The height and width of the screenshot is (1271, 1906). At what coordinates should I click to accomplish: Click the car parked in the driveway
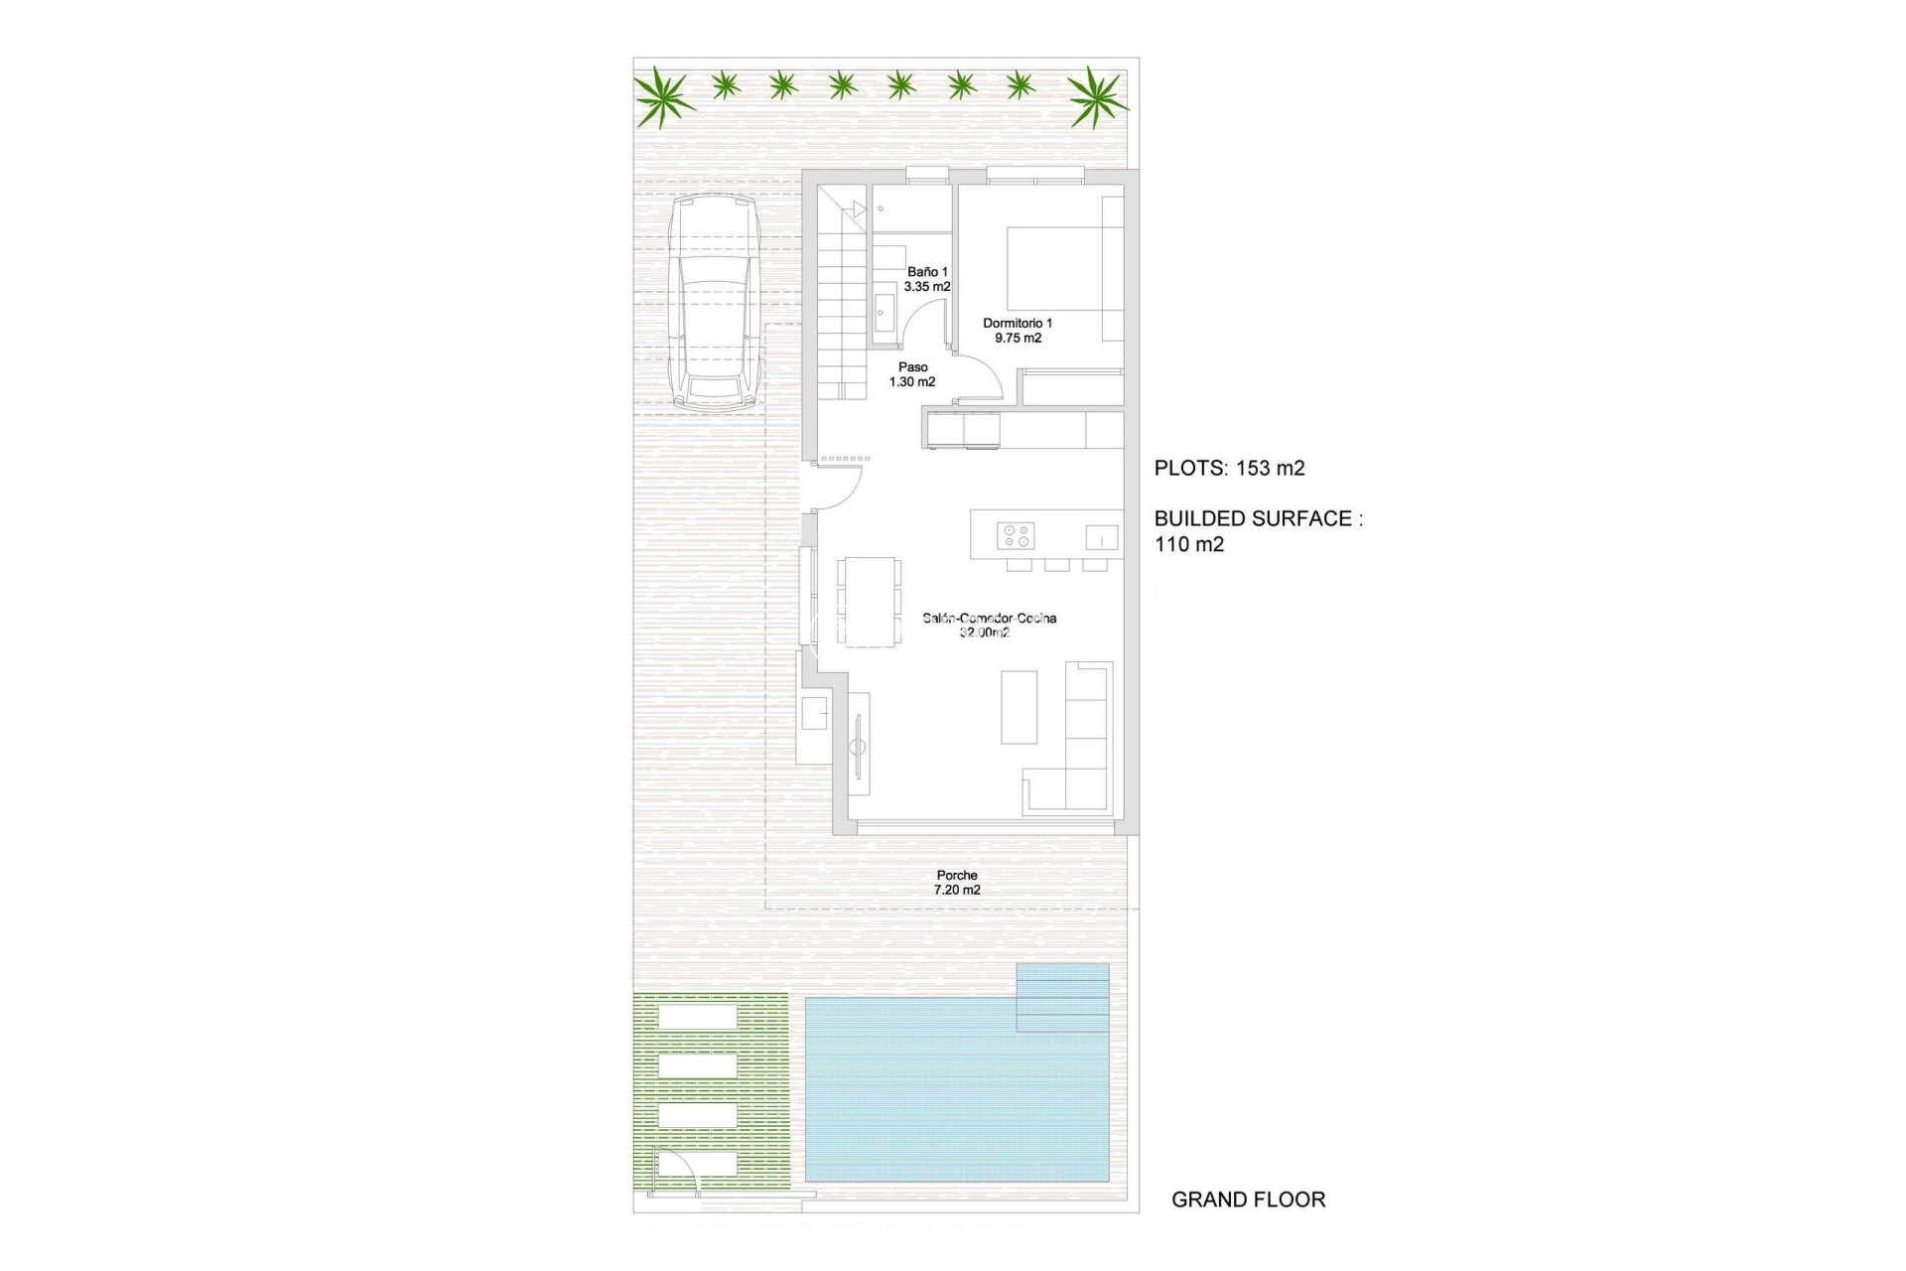(x=712, y=302)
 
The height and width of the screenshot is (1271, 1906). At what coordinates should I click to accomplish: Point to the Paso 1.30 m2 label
(x=912, y=374)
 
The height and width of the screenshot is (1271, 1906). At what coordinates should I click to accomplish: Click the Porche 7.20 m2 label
(x=957, y=883)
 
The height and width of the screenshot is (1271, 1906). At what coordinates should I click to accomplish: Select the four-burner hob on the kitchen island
(x=1016, y=536)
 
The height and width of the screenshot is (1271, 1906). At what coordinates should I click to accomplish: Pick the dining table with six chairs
(x=869, y=602)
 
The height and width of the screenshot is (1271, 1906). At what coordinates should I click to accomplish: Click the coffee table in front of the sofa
(x=1019, y=707)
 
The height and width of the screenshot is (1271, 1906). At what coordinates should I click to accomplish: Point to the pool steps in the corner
(x=1062, y=997)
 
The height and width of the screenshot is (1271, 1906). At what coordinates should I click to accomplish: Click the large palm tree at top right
(x=1097, y=97)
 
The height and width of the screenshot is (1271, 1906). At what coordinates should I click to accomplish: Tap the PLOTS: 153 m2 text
(x=1229, y=469)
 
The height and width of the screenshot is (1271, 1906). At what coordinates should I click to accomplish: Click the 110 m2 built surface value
(x=1189, y=544)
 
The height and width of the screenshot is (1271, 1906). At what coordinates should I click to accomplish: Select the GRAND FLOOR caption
(x=1248, y=1200)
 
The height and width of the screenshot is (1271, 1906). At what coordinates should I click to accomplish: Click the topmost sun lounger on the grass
(x=698, y=1017)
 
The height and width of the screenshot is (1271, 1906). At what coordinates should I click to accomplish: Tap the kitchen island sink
(x=1101, y=537)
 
